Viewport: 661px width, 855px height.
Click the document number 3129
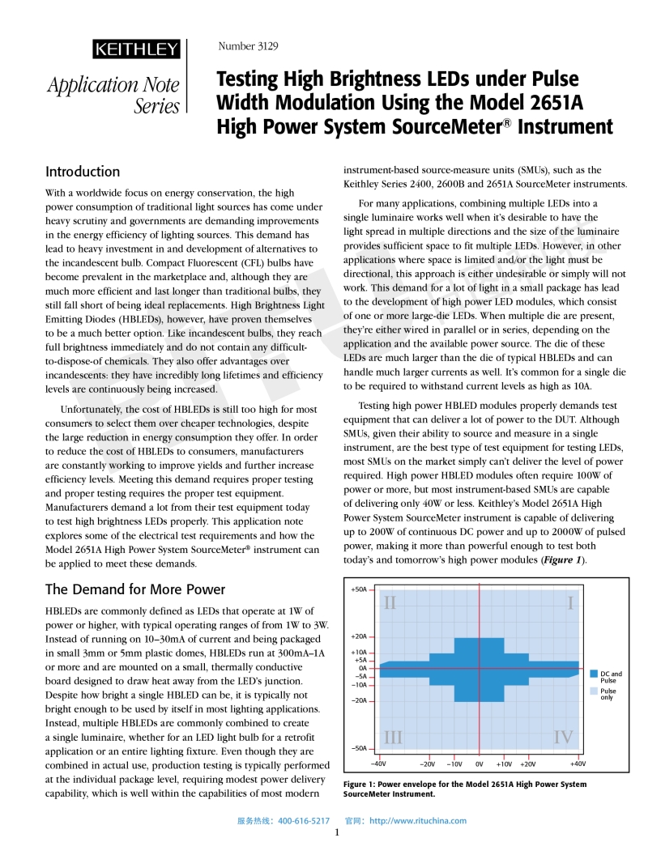[249, 46]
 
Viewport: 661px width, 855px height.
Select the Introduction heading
[83, 172]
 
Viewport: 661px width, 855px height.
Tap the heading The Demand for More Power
[135, 589]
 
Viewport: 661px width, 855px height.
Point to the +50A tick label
[359, 590]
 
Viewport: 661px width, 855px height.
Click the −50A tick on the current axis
[359, 748]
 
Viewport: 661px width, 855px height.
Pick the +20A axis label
[359, 636]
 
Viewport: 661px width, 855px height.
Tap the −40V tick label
[378, 764]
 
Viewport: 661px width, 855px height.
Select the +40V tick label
[578, 764]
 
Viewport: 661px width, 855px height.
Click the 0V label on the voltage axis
[480, 764]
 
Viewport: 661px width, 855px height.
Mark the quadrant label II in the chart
[390, 603]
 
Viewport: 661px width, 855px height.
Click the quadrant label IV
[563, 737]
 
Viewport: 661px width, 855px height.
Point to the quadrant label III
[393, 737]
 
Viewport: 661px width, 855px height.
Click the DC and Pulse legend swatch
[594, 674]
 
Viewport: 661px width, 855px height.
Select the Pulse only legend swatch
[594, 691]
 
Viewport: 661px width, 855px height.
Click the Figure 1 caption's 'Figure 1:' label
[364, 784]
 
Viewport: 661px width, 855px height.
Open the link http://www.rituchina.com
[418, 820]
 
